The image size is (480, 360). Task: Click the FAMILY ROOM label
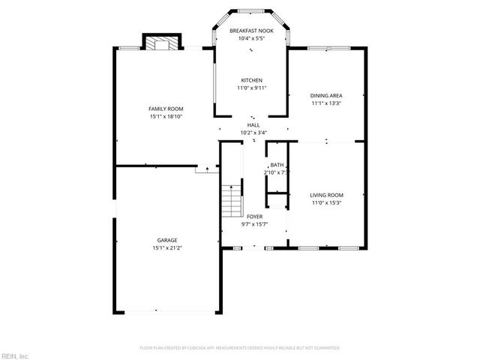[166, 109]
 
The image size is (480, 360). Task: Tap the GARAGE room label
[166, 240]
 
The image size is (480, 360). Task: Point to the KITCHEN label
[251, 80]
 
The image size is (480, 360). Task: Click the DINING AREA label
[326, 95]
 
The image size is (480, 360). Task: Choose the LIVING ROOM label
[326, 195]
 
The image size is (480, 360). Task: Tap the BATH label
[277, 165]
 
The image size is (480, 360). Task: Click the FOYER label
[254, 216]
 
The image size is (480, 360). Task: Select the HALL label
[253, 125]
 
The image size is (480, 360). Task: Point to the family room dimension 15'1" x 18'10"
[166, 116]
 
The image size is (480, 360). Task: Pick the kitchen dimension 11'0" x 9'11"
[251, 88]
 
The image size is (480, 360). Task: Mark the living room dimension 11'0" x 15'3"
[326, 202]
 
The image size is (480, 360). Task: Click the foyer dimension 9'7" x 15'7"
[254, 223]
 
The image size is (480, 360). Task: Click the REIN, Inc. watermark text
[15, 355]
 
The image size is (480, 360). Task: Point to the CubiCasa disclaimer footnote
[240, 348]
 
